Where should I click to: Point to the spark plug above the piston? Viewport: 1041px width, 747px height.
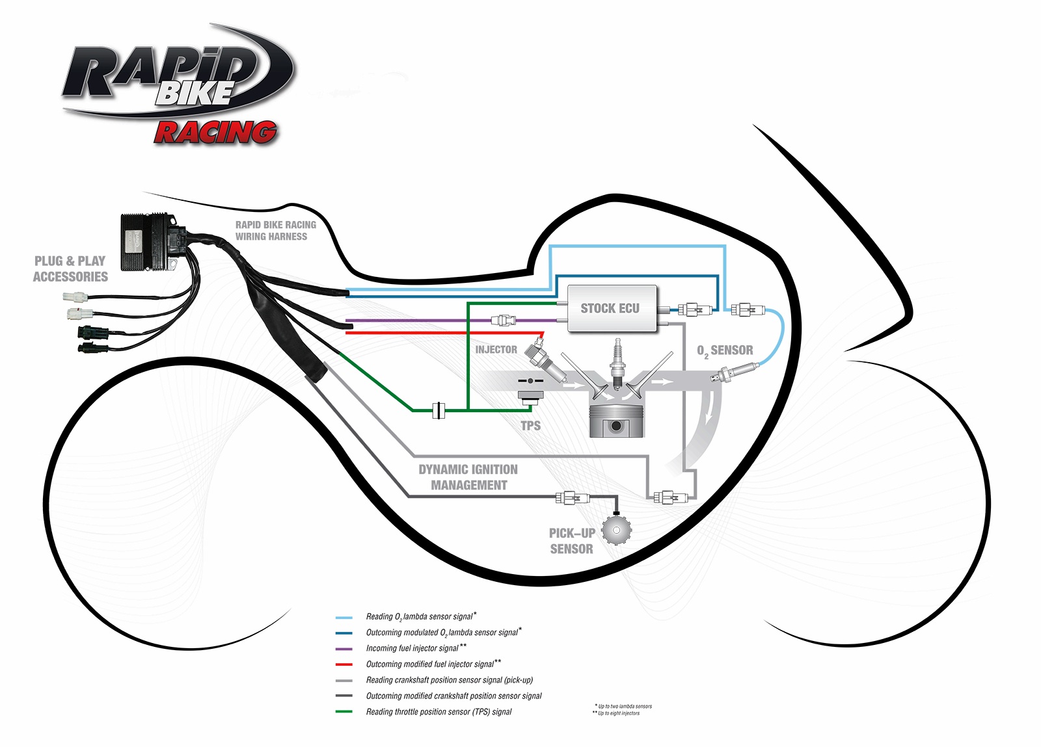click(616, 361)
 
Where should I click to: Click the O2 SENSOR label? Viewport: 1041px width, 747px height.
click(725, 351)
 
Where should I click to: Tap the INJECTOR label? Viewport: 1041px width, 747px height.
click(496, 350)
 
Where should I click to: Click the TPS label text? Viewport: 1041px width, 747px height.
click(530, 426)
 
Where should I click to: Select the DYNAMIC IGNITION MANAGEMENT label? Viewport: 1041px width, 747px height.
click(468, 477)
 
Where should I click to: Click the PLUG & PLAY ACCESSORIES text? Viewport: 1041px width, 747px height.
click(70, 269)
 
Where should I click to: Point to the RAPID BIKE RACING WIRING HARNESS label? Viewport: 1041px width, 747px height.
click(275, 231)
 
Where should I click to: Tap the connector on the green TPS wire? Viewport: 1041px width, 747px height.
click(439, 410)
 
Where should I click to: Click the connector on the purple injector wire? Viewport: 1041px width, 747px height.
click(504, 320)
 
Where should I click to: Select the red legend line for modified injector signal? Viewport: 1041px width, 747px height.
click(344, 664)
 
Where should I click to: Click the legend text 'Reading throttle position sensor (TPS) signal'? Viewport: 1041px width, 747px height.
click(439, 712)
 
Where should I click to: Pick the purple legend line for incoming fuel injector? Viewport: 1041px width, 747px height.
click(344, 649)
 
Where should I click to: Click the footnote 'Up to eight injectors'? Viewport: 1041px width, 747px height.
click(618, 713)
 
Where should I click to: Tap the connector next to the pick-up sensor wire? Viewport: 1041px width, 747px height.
click(573, 499)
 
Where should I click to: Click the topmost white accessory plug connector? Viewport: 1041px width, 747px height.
click(74, 297)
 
